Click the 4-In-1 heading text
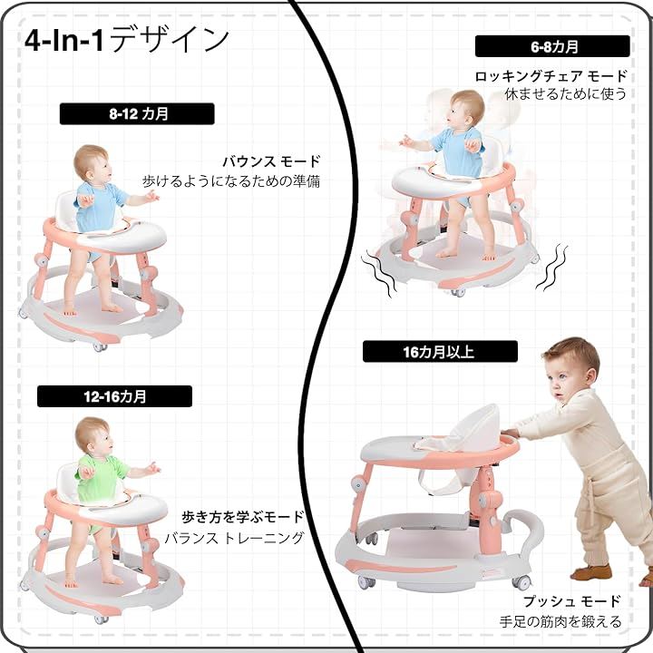tap(127, 40)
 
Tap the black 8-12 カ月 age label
tap(137, 114)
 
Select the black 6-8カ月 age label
tap(551, 46)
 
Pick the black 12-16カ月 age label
tap(114, 396)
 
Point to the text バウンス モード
tap(271, 161)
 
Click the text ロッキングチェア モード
tap(551, 76)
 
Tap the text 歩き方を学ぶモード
tap(242, 518)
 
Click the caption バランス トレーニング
tap(233, 538)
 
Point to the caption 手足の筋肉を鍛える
tap(560, 622)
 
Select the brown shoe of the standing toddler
tap(590, 572)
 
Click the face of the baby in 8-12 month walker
tap(98, 169)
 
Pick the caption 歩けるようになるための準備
tap(231, 181)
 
